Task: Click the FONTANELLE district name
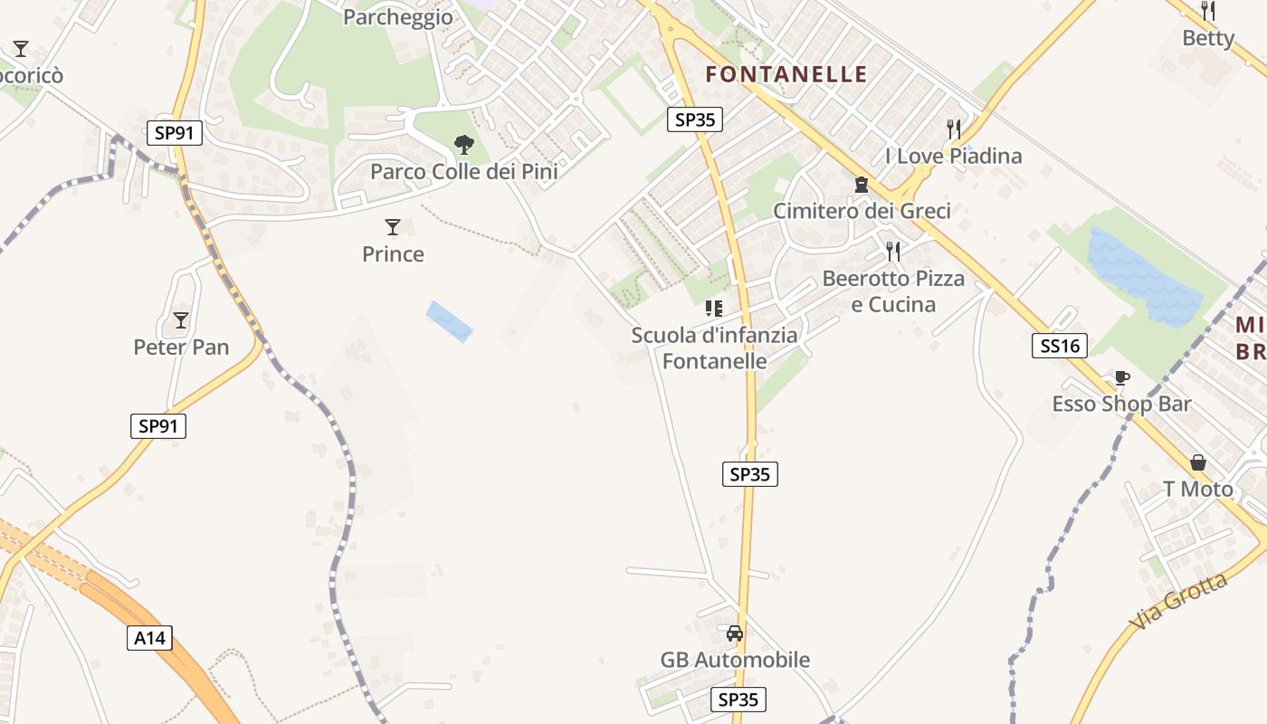coord(786,74)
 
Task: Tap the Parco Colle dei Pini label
coord(463,172)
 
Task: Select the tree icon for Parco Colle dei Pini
coord(463,144)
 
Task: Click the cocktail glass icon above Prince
coord(393,226)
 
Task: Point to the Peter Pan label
coord(181,348)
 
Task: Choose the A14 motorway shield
coord(149,638)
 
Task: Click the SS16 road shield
coord(1060,345)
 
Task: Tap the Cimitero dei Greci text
coord(862,212)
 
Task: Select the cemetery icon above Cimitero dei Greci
coord(861,185)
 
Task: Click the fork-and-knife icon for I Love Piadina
coord(953,129)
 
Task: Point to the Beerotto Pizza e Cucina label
coord(893,291)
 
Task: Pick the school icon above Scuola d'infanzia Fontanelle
coord(714,309)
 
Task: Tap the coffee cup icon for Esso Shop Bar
coord(1122,377)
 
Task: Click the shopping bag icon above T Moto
coord(1198,462)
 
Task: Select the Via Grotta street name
coord(1180,602)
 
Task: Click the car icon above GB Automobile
coord(735,633)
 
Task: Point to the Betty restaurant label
coord(1208,38)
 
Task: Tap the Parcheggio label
coord(398,17)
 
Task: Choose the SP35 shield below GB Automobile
coord(738,700)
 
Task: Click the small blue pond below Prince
coord(450,321)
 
